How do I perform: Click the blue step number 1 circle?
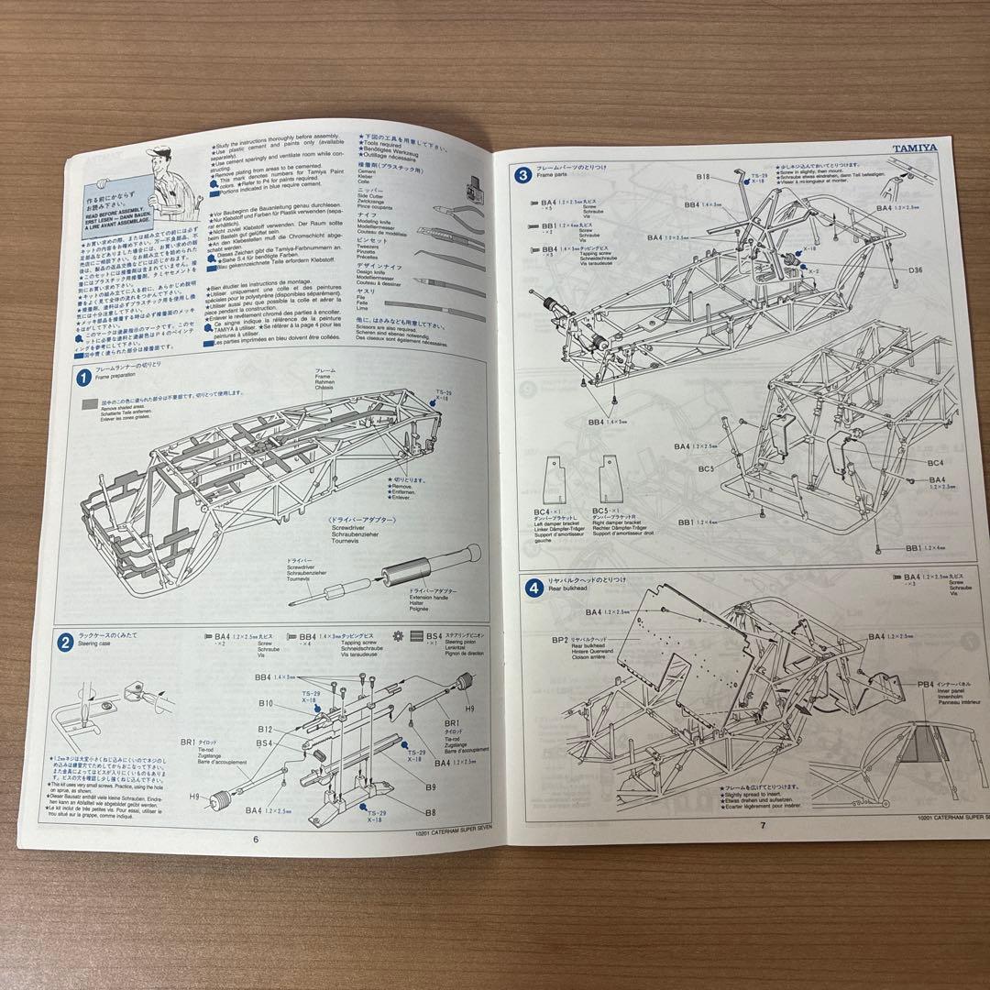(x=83, y=377)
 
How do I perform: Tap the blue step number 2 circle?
(x=66, y=642)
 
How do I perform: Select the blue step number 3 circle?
(x=522, y=174)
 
